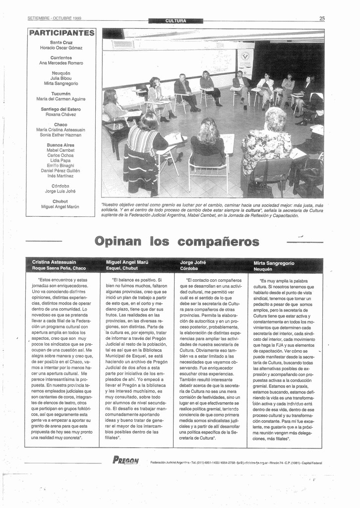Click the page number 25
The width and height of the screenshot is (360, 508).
322,18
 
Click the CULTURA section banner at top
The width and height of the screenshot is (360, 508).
176,21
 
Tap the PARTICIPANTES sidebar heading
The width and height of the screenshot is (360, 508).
61,33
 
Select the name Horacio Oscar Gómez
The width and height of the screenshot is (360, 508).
61,48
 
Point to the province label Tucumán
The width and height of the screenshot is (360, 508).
61,93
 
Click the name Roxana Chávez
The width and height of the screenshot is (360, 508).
61,114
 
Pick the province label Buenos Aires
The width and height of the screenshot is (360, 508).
60,145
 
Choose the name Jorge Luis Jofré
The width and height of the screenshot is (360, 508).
60,191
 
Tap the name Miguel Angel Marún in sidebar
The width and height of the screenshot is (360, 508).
60,206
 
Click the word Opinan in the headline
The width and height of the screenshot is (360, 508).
118,242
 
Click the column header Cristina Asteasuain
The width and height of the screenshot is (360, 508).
54,262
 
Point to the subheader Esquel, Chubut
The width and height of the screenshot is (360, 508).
121,268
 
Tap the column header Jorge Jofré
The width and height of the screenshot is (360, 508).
193,262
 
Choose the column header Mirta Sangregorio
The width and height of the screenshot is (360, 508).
274,263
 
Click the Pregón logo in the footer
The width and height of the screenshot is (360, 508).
126,460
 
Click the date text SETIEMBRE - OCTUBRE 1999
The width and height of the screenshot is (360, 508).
55,18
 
